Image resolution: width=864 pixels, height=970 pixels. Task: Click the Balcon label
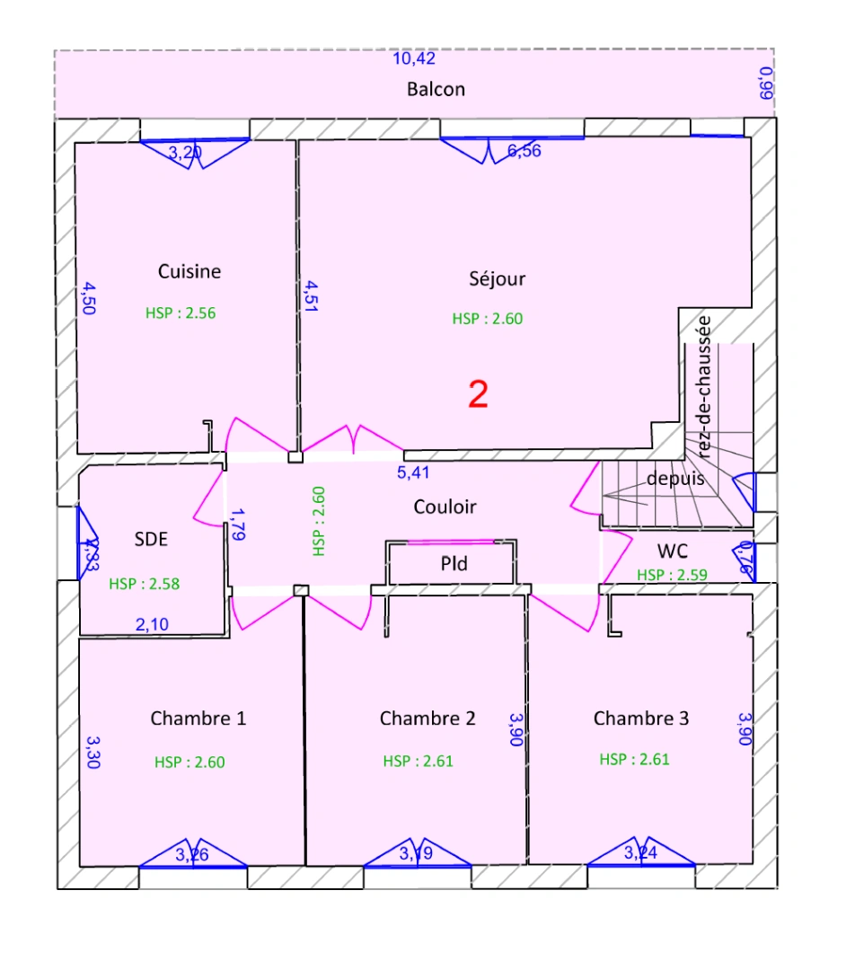click(436, 89)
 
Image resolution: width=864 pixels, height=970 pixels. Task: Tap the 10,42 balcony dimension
click(415, 59)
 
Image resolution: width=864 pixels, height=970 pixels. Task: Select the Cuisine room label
click(190, 271)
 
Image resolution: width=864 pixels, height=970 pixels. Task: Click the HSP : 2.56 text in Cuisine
click(181, 313)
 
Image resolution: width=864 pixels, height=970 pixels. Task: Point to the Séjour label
click(497, 278)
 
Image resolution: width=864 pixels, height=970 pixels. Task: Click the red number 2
click(479, 394)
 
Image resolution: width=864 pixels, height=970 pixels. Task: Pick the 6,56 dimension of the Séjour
click(525, 151)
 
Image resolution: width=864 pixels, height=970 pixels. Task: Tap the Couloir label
click(445, 507)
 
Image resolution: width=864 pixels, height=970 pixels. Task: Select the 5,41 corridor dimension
click(414, 472)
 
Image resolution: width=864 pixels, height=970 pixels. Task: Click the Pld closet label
click(454, 564)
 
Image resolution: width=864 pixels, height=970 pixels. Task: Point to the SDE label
click(151, 539)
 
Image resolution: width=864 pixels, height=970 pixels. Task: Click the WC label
click(673, 551)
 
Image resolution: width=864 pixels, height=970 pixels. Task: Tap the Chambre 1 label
click(198, 719)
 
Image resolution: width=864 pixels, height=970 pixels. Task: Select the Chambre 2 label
click(428, 719)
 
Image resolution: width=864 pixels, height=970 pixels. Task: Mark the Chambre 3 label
click(641, 719)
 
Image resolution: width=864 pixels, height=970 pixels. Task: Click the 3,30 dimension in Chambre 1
click(93, 753)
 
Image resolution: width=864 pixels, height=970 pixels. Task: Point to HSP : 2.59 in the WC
click(672, 575)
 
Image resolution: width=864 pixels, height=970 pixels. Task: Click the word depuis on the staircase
click(675, 479)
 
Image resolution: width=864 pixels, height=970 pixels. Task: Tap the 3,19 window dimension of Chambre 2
click(416, 853)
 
